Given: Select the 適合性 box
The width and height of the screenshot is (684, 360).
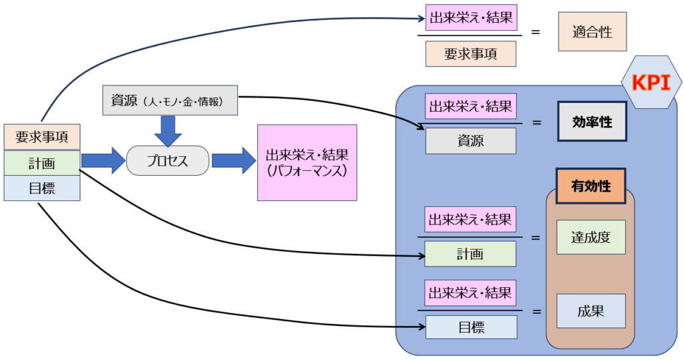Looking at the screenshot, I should [592, 31].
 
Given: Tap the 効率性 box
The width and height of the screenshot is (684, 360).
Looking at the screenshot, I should [592, 122].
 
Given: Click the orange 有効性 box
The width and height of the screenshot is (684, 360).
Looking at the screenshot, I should [590, 186].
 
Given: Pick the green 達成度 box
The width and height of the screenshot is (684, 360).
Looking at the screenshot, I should [590, 237].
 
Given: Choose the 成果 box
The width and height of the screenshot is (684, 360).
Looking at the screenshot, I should [590, 311].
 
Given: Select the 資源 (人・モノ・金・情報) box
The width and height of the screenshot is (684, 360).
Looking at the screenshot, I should [170, 101].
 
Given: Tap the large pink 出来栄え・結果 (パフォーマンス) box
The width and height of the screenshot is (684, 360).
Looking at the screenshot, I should [307, 162].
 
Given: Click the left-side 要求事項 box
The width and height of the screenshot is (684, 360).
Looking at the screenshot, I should [42, 137].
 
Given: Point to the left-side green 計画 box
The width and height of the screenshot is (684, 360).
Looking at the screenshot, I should [42, 162].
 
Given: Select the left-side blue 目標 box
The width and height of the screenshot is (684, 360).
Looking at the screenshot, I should [42, 188].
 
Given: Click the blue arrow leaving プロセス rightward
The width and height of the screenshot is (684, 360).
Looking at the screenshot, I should [233, 161].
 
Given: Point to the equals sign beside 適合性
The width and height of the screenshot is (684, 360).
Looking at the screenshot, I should [536, 31].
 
